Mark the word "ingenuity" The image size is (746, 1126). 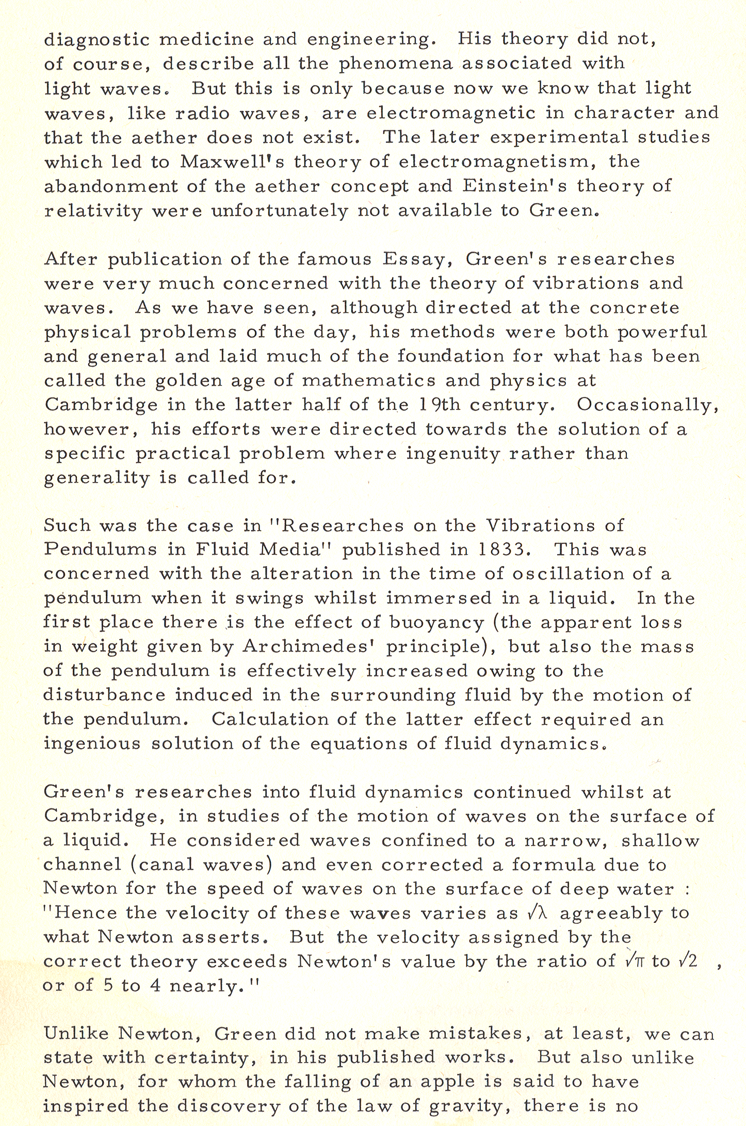453,454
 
